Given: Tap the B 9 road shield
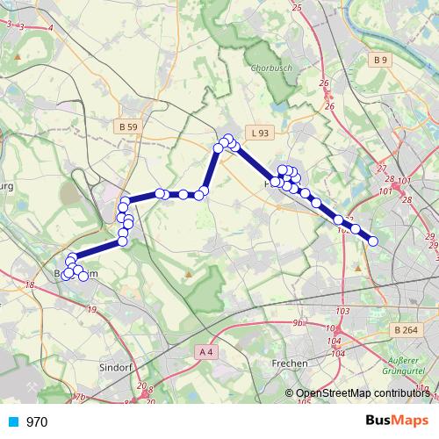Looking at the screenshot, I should tap(379, 60).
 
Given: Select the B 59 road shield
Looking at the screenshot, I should tap(127, 127).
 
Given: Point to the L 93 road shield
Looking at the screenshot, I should tap(257, 133).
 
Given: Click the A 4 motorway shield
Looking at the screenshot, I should tap(205, 351).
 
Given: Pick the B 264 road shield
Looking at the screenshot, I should tap(406, 329).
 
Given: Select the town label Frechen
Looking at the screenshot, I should tap(290, 363).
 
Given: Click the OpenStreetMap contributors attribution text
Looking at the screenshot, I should tap(363, 393).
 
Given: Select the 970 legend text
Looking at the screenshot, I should tap(37, 421).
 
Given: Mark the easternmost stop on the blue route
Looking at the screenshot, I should tap(373, 241).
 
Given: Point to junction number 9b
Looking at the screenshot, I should tap(298, 323).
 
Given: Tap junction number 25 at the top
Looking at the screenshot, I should tap(297, 8).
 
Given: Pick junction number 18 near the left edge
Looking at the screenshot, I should tap(29, 285).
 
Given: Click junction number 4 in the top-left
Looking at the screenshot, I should tap(51, 28).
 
